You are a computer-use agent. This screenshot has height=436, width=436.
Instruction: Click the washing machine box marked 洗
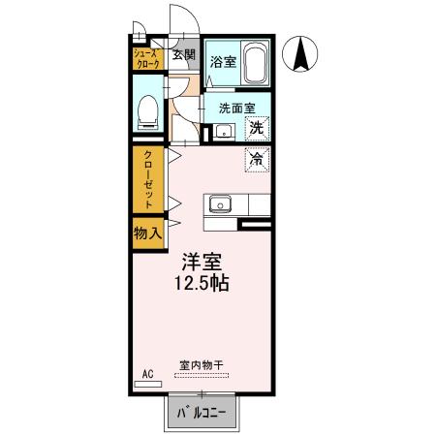pos(257,126)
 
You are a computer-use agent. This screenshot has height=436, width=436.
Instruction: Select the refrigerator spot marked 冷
pos(257,158)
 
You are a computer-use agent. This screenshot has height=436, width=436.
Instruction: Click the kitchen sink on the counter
pos(219,204)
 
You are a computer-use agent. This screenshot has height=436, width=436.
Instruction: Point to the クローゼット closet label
pos(149,178)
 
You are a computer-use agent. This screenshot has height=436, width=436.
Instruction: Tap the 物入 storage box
pos(148,233)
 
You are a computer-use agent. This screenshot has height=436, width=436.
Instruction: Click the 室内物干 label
pos(201,366)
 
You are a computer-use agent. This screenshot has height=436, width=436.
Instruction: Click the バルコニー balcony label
pos(202,415)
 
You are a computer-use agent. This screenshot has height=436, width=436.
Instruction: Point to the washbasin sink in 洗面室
pos(223,131)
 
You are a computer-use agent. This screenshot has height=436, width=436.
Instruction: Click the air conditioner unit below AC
pos(148,385)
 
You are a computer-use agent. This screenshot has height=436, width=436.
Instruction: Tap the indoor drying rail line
pos(201,375)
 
